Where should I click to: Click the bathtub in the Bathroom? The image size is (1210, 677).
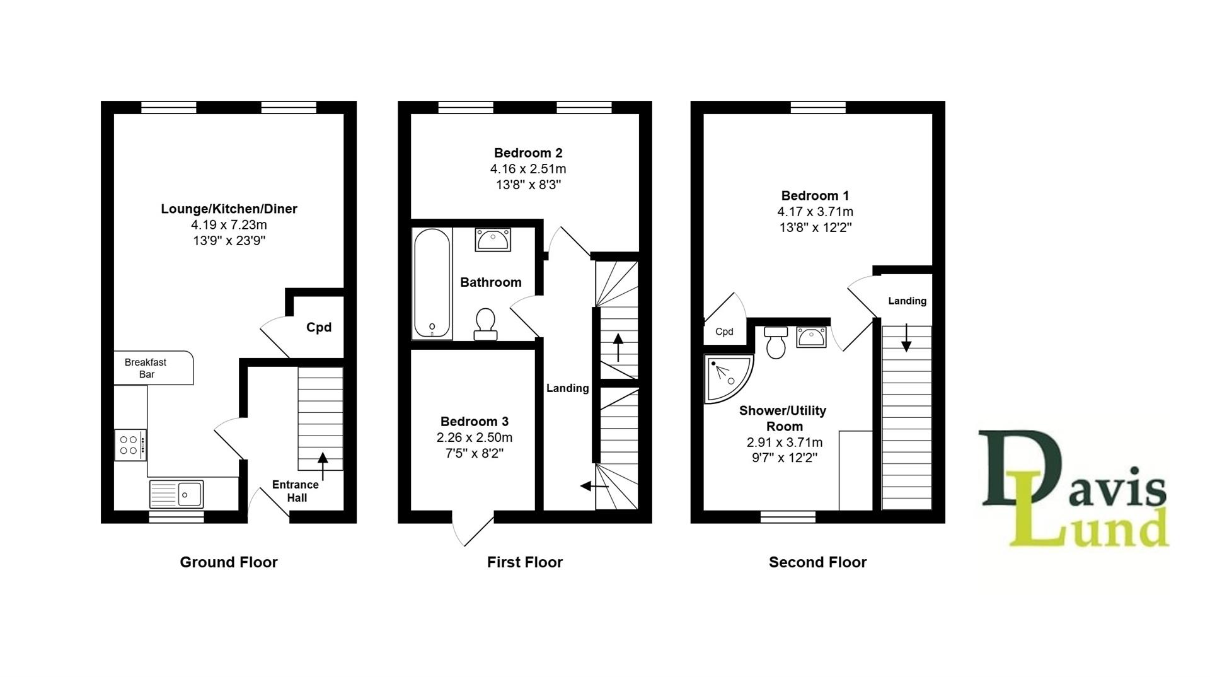tap(432, 283)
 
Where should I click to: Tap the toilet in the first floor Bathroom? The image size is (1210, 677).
tap(485, 324)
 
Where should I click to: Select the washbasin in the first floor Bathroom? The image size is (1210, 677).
tap(493, 240)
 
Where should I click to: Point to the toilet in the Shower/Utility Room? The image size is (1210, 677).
tap(776, 342)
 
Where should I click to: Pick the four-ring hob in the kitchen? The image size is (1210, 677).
tap(130, 445)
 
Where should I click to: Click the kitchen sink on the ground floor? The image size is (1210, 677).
tap(176, 494)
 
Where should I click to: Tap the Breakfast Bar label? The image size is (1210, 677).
tap(146, 368)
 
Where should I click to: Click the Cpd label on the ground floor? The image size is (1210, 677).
tap(319, 327)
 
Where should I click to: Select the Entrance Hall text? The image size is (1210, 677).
tap(296, 491)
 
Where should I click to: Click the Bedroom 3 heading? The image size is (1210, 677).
tap(475, 421)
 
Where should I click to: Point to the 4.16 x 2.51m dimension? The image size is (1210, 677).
tap(528, 169)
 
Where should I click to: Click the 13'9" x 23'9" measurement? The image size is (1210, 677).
tap(229, 241)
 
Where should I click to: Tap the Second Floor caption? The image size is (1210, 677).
tap(818, 562)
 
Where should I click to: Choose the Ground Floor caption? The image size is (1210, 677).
tap(229, 562)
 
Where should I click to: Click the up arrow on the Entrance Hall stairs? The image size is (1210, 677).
tap(323, 466)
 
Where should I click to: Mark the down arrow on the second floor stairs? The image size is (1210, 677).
tap(906, 337)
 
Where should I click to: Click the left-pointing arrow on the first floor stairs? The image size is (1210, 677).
tap(594, 486)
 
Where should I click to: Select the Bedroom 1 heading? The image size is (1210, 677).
tap(815, 195)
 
